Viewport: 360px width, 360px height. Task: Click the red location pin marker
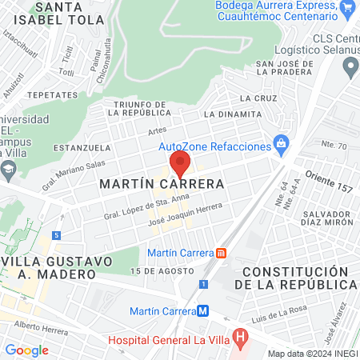(x=180, y=164)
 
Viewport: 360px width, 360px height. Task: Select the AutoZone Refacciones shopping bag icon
(x=280, y=144)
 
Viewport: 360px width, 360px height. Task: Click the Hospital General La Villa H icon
(x=238, y=338)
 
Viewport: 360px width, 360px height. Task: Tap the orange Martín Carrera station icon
(x=222, y=253)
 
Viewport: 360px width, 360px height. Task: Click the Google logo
(x=26, y=350)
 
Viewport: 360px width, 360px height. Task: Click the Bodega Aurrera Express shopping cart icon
(x=346, y=10)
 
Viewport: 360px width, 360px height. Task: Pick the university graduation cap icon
(x=8, y=169)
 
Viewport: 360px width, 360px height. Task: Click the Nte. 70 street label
(x=334, y=146)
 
